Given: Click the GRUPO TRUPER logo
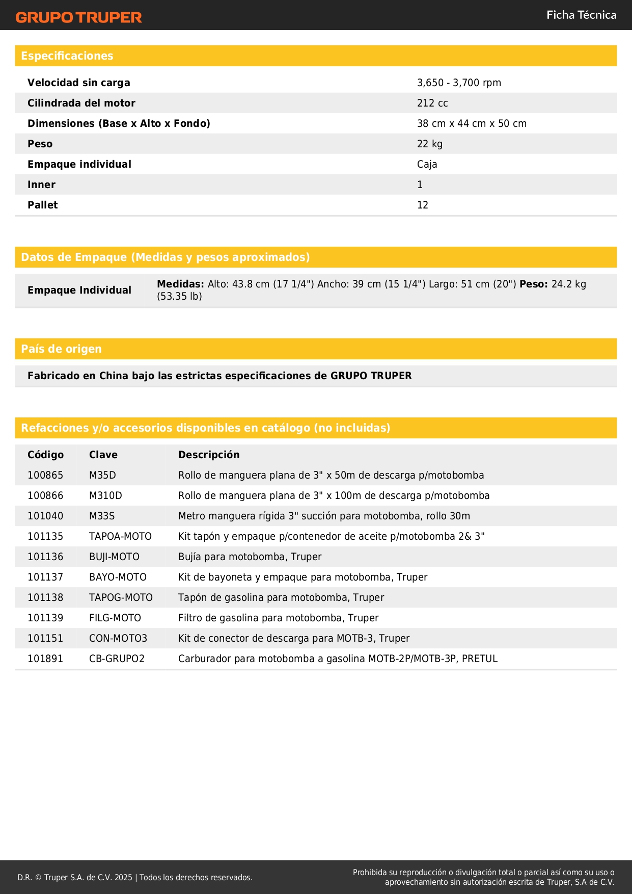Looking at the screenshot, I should tap(79, 17).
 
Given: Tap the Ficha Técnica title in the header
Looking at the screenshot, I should tap(581, 15).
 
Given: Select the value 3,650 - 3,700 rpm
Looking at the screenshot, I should tap(459, 83).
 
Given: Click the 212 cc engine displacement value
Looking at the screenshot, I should tap(432, 103).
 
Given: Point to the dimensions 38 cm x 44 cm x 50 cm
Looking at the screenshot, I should tap(472, 123).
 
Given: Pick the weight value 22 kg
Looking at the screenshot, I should tap(430, 144).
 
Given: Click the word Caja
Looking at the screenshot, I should tap(427, 164).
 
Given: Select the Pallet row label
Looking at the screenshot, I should tap(43, 205).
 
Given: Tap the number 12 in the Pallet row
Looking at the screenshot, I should tap(423, 205).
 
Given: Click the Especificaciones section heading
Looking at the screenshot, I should tap(67, 56).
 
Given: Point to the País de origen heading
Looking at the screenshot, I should tap(62, 349).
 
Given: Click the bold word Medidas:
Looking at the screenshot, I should tap(180, 284).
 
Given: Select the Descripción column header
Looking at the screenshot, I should tap(209, 455).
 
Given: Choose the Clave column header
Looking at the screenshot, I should tap(103, 455).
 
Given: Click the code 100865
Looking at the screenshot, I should tap(45, 475).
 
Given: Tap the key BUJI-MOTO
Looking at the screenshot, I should tap(114, 557).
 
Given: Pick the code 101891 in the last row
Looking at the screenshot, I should tap(45, 659).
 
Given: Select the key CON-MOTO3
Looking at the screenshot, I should tap(118, 638).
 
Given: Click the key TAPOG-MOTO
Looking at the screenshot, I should tap(121, 597).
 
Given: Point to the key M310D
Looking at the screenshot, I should tap(105, 495).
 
